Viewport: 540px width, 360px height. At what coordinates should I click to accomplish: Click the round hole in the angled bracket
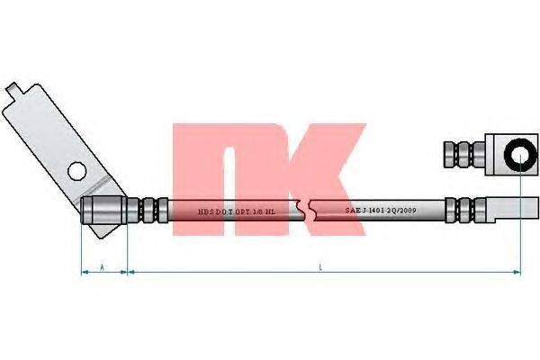click(x=76, y=169)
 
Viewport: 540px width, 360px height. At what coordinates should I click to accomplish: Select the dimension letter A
click(x=103, y=267)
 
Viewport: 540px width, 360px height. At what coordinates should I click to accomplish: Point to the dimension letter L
click(x=321, y=267)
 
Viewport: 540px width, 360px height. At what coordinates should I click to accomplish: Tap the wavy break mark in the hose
click(x=310, y=210)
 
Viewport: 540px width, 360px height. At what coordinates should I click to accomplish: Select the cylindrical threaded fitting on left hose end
click(x=103, y=210)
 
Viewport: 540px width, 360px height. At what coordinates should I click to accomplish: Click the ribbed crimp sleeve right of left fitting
click(x=148, y=210)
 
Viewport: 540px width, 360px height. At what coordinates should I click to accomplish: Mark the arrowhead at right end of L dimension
click(x=517, y=271)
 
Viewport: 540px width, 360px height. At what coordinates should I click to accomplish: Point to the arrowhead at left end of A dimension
click(x=84, y=271)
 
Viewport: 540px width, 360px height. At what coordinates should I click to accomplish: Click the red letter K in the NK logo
click(x=325, y=175)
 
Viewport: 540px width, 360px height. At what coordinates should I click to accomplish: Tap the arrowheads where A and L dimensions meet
click(x=128, y=271)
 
